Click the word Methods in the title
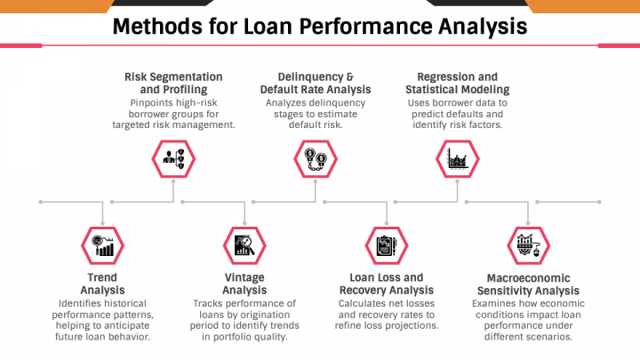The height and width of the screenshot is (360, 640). click(158, 27)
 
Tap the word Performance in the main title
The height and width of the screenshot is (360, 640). click(365, 27)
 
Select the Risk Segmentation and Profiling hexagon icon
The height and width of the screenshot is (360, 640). click(173, 159)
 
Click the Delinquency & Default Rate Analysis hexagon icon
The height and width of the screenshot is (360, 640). click(316, 159)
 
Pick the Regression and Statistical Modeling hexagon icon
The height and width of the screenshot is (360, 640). click(458, 159)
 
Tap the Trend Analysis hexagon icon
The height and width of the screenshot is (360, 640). click(102, 245)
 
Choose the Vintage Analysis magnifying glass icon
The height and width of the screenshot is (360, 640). click(244, 245)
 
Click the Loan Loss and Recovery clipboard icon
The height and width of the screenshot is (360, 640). click(387, 245)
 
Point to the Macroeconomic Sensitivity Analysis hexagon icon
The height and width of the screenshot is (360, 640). click(529, 245)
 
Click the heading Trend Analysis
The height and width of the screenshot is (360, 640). click(102, 284)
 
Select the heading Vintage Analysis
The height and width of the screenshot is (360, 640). click(244, 284)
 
